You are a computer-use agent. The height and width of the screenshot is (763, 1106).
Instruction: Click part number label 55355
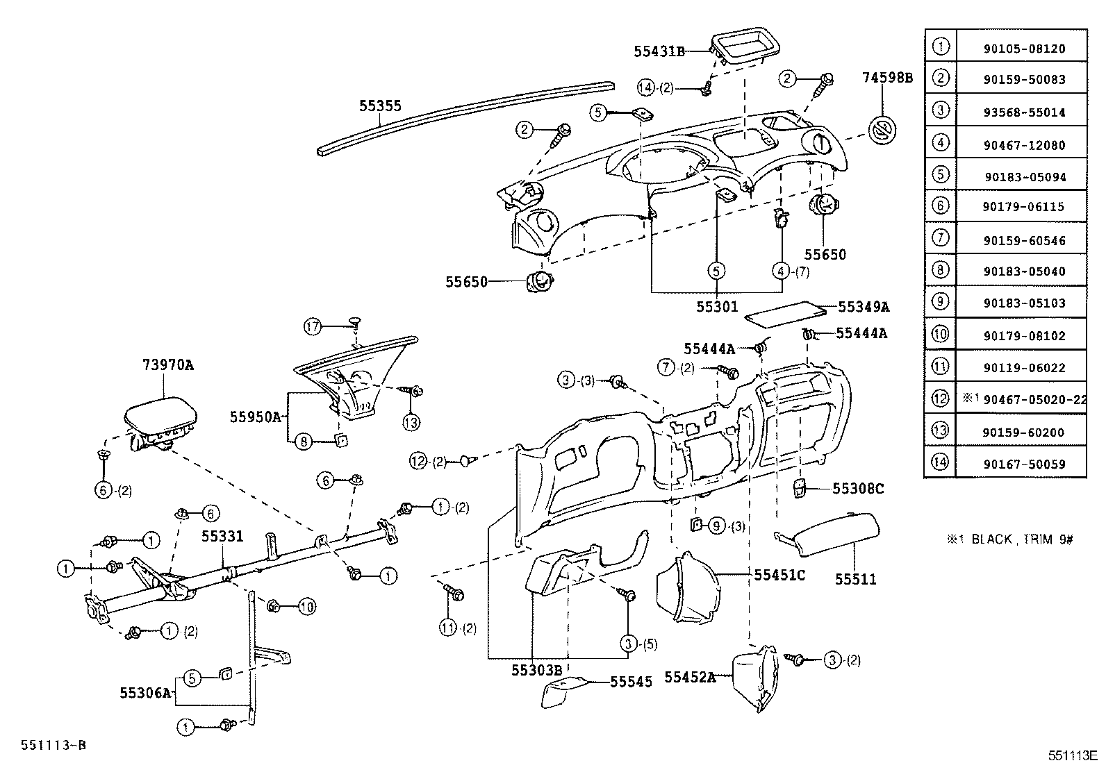pyautogui.click(x=380, y=106)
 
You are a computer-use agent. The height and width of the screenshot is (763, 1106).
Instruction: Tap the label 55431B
pyautogui.click(x=659, y=51)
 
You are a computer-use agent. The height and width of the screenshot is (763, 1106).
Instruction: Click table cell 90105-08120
pyautogui.click(x=1024, y=49)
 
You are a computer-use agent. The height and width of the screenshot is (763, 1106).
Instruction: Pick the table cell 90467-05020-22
pyautogui.click(x=1024, y=399)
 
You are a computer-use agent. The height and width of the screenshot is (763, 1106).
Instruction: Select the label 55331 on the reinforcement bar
pyautogui.click(x=222, y=536)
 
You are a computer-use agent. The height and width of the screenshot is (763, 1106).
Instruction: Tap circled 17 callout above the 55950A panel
pyautogui.click(x=313, y=325)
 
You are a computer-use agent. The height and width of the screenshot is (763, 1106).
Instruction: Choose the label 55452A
pyautogui.click(x=689, y=677)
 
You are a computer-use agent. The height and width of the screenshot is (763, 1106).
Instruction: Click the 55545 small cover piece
pyautogui.click(x=565, y=691)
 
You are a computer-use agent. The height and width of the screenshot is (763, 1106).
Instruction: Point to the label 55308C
pyautogui.click(x=858, y=489)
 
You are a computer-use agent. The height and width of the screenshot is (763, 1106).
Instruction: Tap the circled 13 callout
pyautogui.click(x=412, y=421)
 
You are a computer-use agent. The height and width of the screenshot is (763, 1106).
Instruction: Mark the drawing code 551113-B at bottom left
pyautogui.click(x=53, y=745)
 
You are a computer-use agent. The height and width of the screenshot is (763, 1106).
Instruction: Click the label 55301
pyautogui.click(x=717, y=305)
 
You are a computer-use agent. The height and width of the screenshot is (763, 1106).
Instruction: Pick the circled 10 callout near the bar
pyautogui.click(x=307, y=607)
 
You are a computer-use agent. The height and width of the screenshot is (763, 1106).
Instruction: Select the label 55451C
pyautogui.click(x=779, y=575)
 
